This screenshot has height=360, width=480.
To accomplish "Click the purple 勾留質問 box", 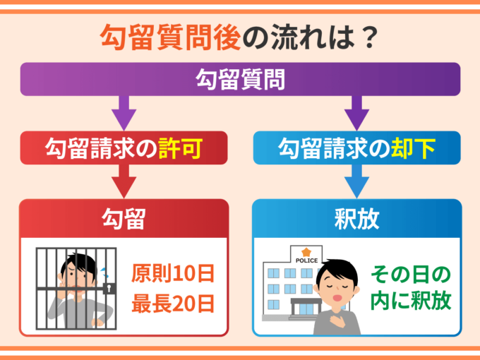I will (239, 79).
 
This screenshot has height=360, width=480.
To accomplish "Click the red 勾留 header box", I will (124, 219).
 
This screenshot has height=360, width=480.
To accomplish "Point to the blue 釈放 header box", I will (356, 219).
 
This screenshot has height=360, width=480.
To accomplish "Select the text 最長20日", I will (172, 305).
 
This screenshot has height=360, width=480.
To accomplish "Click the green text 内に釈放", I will (411, 302).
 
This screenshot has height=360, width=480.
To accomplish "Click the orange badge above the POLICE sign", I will (306, 251).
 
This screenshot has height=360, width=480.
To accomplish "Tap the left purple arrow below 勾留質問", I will (124, 111).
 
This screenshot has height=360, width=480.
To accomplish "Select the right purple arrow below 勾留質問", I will (356, 111).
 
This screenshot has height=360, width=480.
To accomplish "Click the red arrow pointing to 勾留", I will (124, 181).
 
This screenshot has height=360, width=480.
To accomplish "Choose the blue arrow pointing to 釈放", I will (356, 181).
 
